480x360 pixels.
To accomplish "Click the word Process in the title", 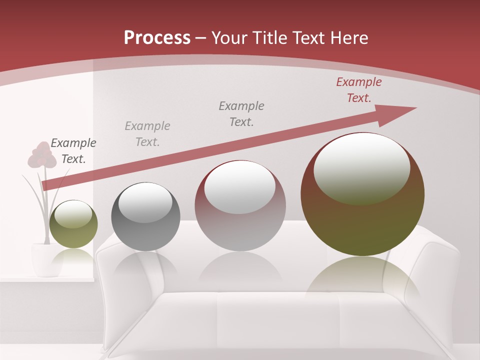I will coord(157,38).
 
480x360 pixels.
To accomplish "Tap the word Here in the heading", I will coord(348,38).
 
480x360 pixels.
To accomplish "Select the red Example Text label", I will coord(358,90).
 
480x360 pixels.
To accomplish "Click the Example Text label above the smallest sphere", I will coord(73,151).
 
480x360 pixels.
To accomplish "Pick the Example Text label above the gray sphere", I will coord(147,134).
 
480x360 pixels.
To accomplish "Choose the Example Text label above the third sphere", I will coord(241,113).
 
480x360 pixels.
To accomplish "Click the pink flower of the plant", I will coord(41,155).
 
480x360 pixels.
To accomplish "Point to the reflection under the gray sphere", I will coord(145,267).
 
